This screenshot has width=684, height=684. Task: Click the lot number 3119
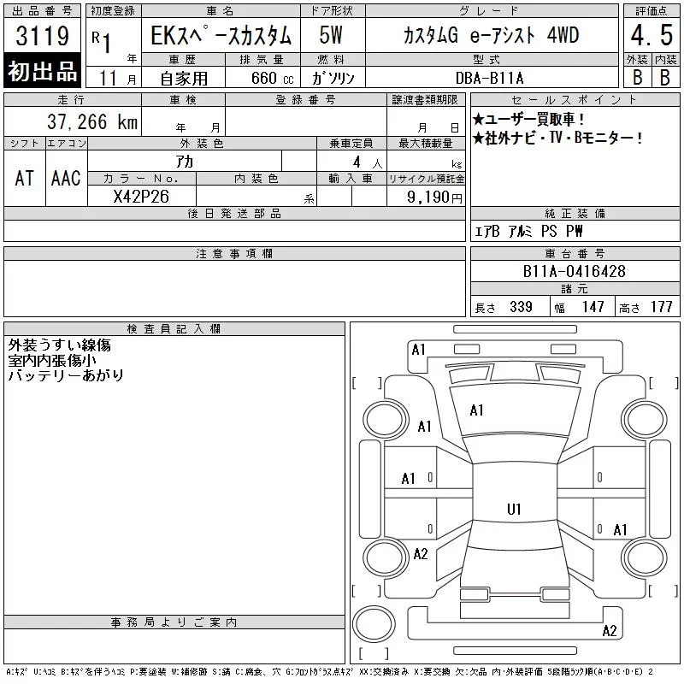tap(42, 36)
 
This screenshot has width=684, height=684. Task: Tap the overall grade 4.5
tap(652, 35)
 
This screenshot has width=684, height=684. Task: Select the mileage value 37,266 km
tap(92, 121)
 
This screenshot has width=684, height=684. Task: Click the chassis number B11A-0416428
tap(574, 271)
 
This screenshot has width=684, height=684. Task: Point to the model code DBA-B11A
tap(489, 78)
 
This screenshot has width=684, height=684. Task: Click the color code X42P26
tap(141, 197)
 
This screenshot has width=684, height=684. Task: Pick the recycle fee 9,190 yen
tap(434, 198)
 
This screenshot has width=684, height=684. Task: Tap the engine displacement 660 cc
tap(272, 78)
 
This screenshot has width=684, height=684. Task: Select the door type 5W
tap(331, 35)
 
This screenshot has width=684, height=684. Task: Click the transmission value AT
tap(25, 178)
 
